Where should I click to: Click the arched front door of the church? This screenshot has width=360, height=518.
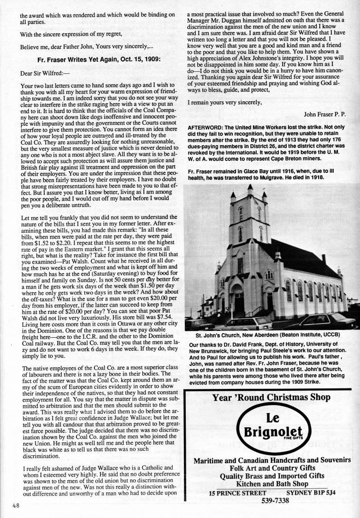pos(239,300)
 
